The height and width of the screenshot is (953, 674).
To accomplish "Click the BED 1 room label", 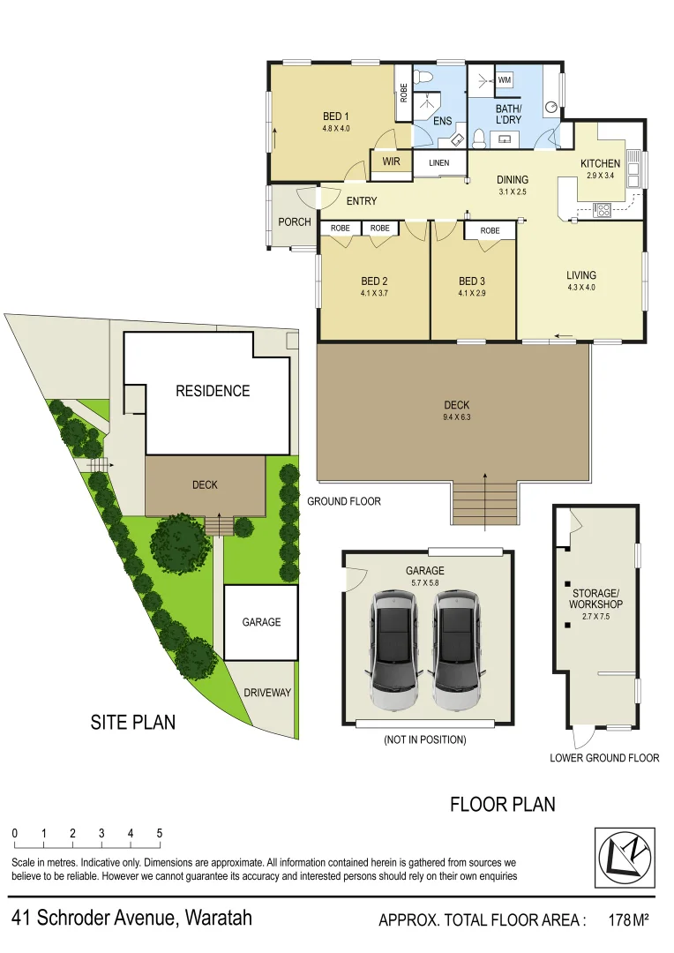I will point(335,116).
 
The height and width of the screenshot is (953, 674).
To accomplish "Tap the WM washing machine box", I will point(505,80).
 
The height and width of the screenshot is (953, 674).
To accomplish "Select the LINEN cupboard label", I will point(438,163).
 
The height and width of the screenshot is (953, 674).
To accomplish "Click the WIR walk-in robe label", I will point(391,162).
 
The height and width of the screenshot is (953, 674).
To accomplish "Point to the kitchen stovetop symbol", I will point(604,210).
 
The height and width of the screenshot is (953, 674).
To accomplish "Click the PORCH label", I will point(294,221).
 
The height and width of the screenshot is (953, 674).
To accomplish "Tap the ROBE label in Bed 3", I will point(490,231).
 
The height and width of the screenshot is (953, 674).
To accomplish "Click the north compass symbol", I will point(625,857).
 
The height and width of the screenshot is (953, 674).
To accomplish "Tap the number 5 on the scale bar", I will point(160,833).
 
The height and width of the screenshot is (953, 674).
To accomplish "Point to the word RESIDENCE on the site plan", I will point(213,391).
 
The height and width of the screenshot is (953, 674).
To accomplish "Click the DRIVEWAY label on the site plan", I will point(267,693).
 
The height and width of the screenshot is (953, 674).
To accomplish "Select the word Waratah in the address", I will point(217,918).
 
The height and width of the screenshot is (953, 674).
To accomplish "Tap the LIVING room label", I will point(581,275).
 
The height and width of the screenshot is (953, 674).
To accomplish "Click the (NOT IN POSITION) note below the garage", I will point(424,739).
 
